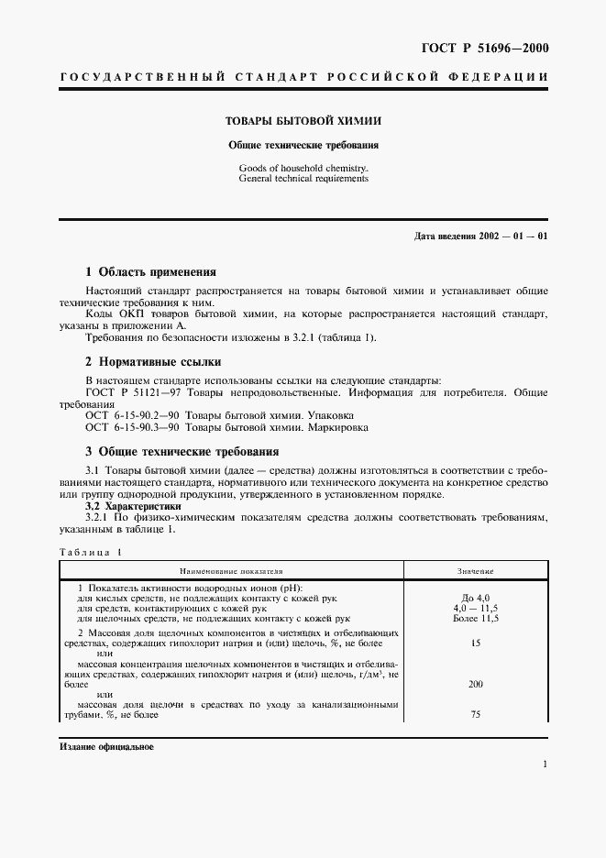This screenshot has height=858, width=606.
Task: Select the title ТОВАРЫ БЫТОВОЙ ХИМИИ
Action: (x=303, y=120)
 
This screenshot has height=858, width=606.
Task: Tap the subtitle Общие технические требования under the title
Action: (x=303, y=145)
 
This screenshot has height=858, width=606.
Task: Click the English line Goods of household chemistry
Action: (x=303, y=169)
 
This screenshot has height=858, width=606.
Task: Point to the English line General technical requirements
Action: (x=303, y=179)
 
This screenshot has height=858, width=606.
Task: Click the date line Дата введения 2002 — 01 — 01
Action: (x=480, y=236)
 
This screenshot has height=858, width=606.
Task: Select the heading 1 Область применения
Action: (x=150, y=272)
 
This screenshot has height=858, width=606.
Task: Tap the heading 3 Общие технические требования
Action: (x=182, y=451)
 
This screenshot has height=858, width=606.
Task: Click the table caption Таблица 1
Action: (x=90, y=552)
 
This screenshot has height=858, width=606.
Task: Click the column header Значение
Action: (x=476, y=570)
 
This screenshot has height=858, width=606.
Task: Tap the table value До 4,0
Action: (x=476, y=598)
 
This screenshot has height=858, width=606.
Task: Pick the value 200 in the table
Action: (x=476, y=684)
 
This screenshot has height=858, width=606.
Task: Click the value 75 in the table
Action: (x=476, y=714)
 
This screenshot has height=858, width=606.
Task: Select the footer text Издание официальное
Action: (x=106, y=747)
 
